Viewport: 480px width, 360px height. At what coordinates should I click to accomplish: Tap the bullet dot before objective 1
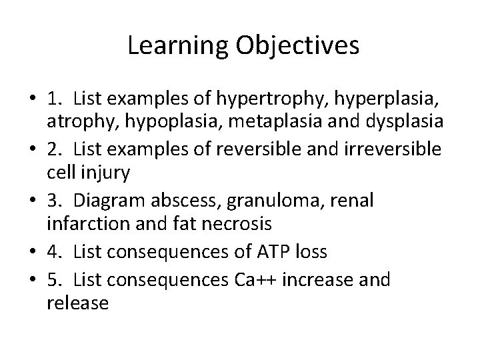pyautogui.click(x=32, y=100)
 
